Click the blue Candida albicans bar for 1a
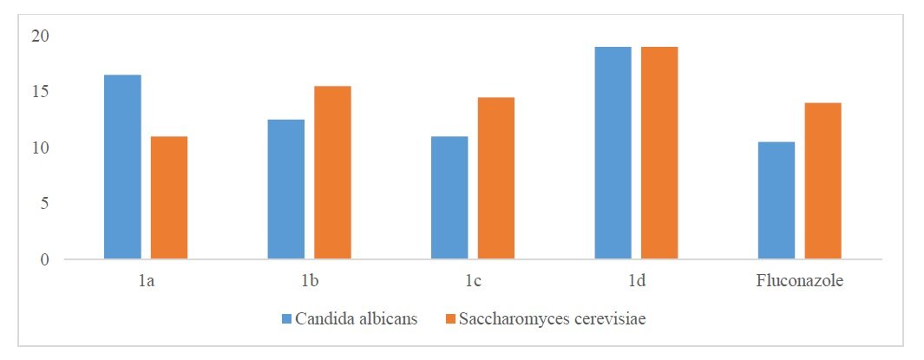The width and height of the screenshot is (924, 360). (x=122, y=167)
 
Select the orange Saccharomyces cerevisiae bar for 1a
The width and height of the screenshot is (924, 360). (x=168, y=198)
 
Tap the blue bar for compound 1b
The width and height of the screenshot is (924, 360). (x=285, y=189)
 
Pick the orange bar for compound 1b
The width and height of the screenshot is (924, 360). (x=332, y=173)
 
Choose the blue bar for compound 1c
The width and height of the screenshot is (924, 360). (x=449, y=198)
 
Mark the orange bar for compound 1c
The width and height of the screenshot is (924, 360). (x=495, y=178)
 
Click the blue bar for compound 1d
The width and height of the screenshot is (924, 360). (x=613, y=153)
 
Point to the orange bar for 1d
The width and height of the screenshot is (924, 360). (x=659, y=153)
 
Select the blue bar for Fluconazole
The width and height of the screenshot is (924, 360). (x=777, y=200)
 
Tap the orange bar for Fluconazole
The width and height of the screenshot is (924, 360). (x=822, y=180)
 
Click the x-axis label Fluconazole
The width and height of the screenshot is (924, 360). (x=799, y=282)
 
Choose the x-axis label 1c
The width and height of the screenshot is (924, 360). (x=472, y=282)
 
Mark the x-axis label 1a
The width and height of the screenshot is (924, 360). (x=145, y=282)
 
